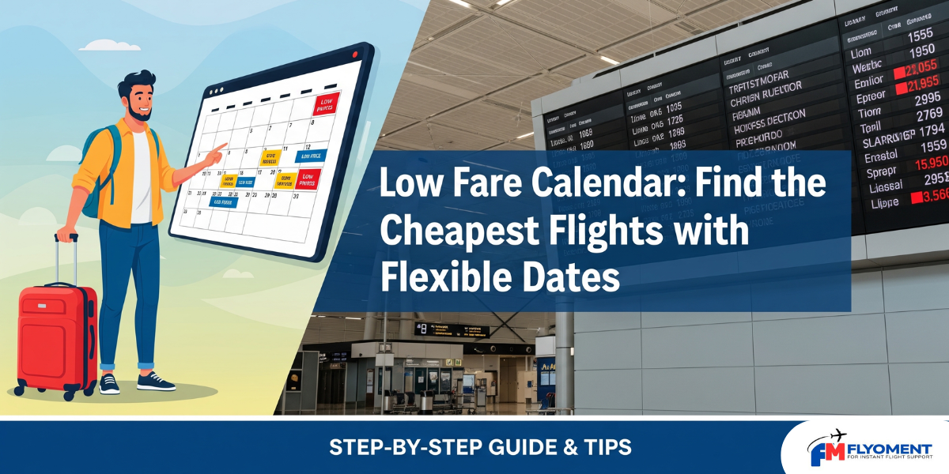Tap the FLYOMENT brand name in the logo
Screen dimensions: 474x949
click(x=889, y=448)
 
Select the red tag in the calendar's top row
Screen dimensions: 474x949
click(x=326, y=103)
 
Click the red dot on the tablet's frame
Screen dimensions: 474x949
click(x=355, y=54)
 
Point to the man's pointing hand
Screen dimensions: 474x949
click(x=214, y=152)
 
